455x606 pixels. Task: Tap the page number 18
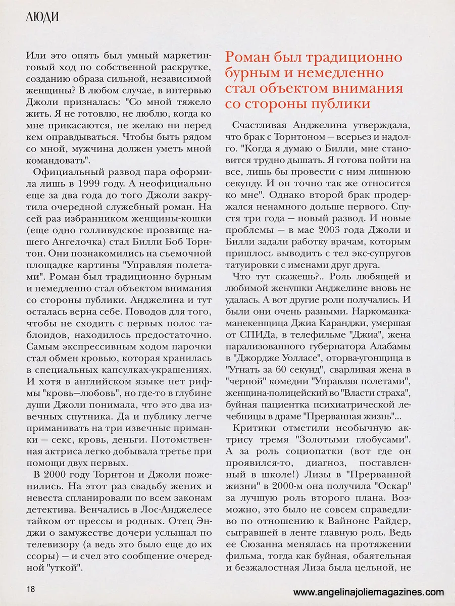tap(31, 589)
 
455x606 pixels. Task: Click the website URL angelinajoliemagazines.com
tap(369, 592)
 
